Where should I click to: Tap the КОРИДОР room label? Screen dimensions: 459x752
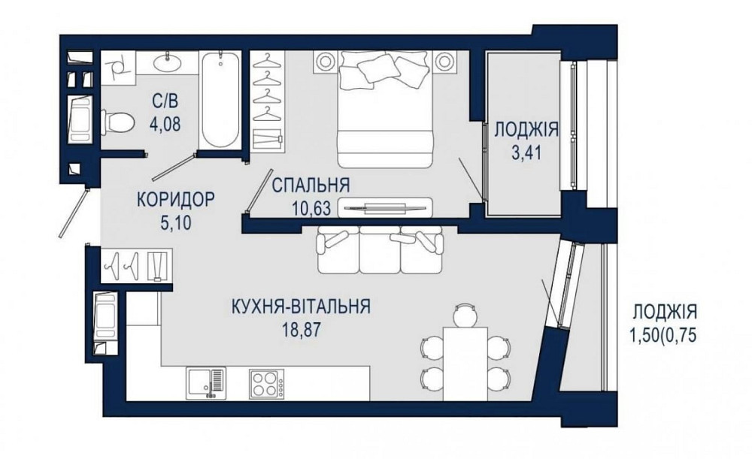tap(175, 200)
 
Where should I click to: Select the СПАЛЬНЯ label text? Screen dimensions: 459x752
tap(311, 186)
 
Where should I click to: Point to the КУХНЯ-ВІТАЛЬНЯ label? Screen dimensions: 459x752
tap(301, 307)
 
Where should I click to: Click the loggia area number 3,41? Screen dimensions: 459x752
tap(526, 156)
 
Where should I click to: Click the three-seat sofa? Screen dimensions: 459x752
tap(381, 251)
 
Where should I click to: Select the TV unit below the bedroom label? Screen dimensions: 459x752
tap(385, 207)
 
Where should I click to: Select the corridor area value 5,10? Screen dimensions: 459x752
tap(175, 223)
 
